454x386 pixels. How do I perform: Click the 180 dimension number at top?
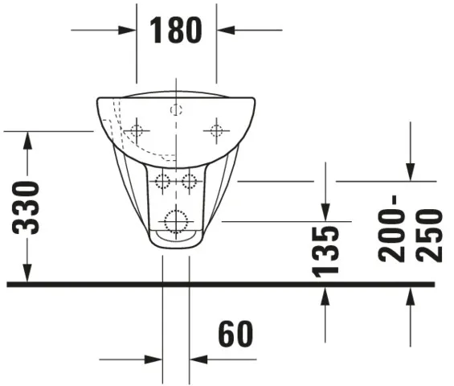[x=176, y=31]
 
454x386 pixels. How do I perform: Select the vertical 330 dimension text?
[x=28, y=207]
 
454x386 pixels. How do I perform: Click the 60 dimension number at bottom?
[x=235, y=334]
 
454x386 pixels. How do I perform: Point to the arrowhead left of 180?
[x=128, y=31]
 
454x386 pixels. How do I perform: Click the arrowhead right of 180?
[x=226, y=31]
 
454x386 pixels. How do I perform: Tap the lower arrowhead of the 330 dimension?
[x=28, y=274]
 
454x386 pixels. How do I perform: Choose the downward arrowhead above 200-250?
[x=410, y=172]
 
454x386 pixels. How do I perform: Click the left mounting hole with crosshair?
[x=137, y=130]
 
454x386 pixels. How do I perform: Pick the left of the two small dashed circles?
[x=163, y=181]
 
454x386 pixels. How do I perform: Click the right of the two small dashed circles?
[x=190, y=181]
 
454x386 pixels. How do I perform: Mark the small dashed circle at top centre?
[x=176, y=109]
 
